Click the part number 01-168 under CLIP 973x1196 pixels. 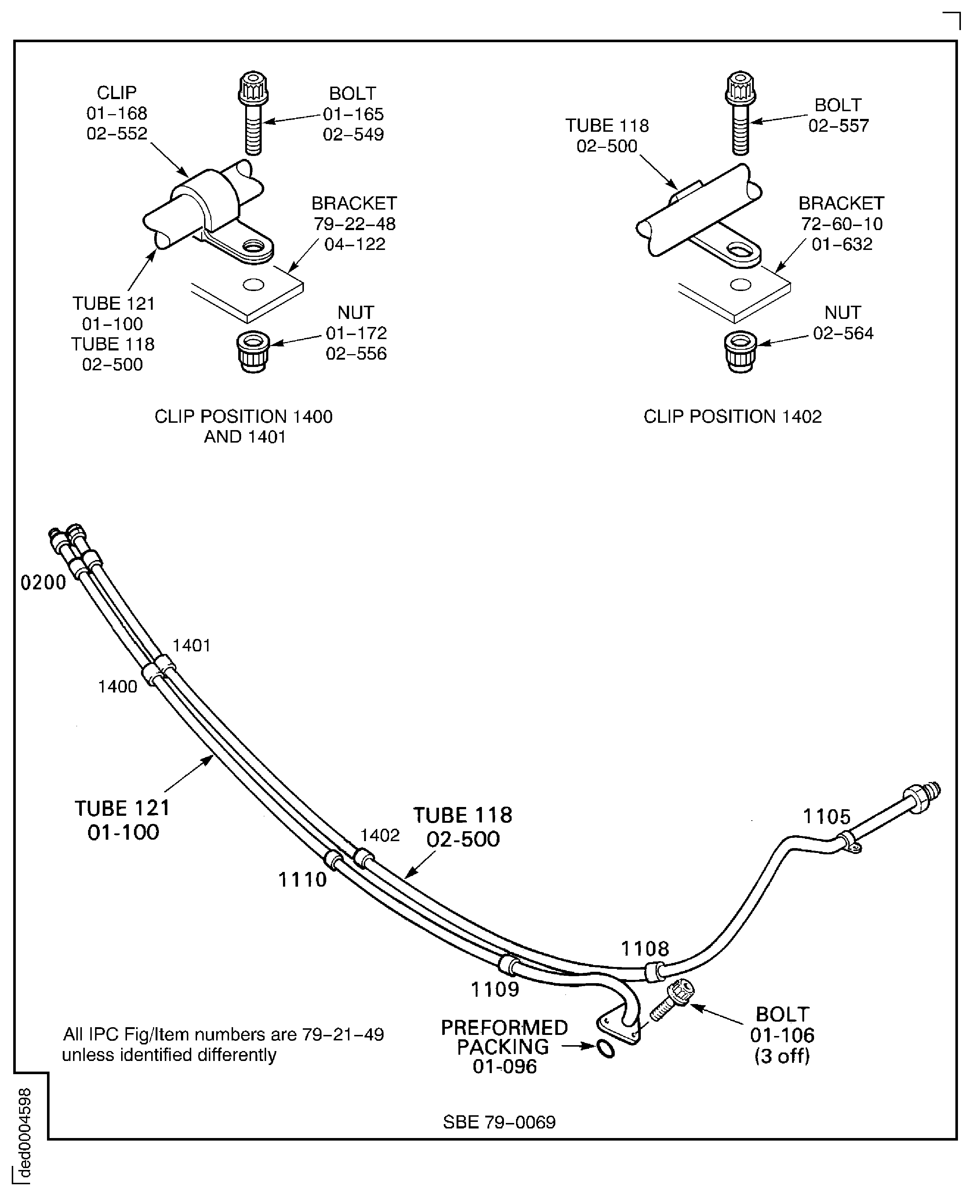click(117, 113)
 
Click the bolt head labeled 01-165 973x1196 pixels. click(253, 88)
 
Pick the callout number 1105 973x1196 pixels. click(826, 817)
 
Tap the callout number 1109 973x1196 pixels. click(494, 990)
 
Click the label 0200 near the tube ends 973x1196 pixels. click(43, 583)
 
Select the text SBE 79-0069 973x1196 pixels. click(499, 1122)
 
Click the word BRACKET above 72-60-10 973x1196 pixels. click(841, 203)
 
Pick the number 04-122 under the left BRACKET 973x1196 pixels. click(355, 244)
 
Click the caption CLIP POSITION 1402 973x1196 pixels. click(732, 417)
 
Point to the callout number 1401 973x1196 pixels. click(191, 646)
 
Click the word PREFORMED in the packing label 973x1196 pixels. click(504, 1028)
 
